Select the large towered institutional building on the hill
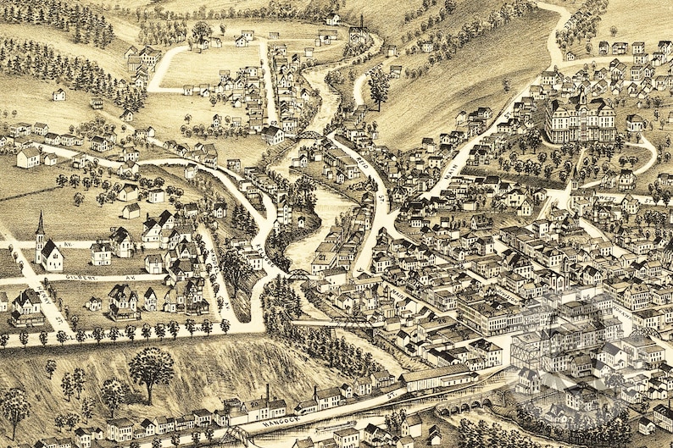coord(580,119)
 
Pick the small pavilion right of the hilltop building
coord(634,122)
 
